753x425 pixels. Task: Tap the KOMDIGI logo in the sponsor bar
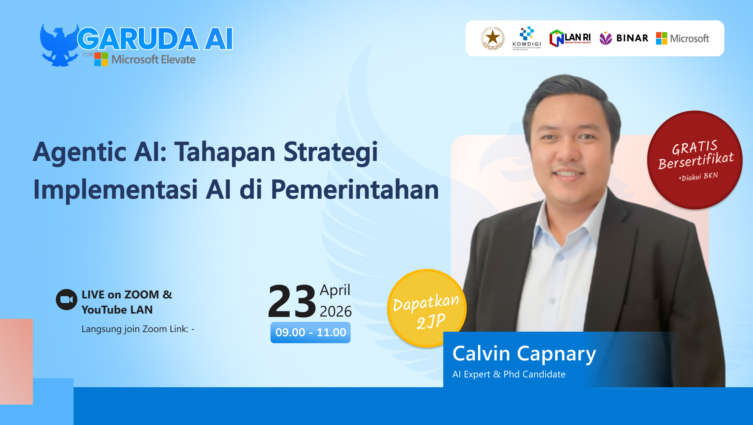coord(527,38)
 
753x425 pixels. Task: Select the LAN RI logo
coord(570,38)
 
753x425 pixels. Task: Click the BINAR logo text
coord(632,38)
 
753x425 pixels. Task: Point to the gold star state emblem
coord(493,38)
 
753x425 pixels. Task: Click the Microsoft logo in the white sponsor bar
coord(682,38)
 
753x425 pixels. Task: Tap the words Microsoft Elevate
coord(153,60)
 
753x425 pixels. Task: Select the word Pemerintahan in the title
coord(355,190)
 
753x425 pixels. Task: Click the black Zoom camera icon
coord(66,300)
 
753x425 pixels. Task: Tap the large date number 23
coord(292,301)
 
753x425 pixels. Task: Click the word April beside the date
coord(335,290)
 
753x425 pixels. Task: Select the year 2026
coord(335,312)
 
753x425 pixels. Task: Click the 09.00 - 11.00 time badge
coord(310,332)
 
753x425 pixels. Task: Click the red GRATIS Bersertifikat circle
coord(695,160)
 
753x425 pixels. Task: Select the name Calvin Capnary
coord(524,354)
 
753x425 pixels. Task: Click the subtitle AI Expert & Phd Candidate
coord(509,374)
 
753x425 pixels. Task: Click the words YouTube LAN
coord(117,310)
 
